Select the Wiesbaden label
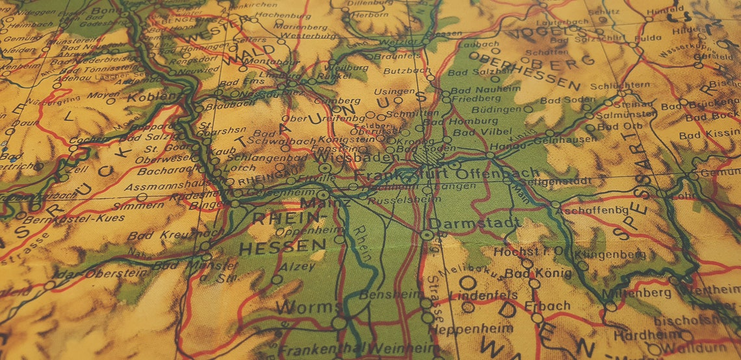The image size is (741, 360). click(357, 157)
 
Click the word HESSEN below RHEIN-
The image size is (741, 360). click(282, 246)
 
